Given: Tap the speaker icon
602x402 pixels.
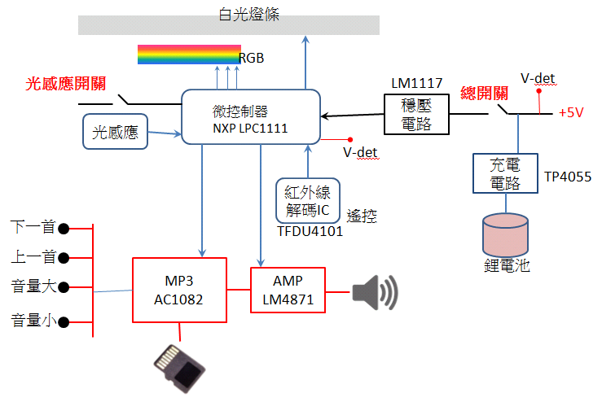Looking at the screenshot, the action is tap(375, 292).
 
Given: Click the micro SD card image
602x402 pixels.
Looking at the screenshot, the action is tap(180, 369).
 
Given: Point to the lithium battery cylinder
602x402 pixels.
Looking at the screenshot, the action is tap(505, 234).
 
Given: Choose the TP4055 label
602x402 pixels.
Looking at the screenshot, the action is tap(568, 177).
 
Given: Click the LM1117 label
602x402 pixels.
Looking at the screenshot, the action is tap(417, 83).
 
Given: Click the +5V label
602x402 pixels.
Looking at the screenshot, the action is tap(571, 113).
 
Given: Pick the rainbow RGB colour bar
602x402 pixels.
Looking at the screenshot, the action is tap(189, 55).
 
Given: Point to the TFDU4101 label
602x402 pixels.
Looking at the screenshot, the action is tap(310, 231).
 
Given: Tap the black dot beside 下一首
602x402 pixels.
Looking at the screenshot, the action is tap(64, 229).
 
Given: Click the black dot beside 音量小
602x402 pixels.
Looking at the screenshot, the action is tap(64, 322).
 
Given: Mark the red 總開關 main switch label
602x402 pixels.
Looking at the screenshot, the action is tap(484, 94).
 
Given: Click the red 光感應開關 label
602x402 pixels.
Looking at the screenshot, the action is tap(66, 84).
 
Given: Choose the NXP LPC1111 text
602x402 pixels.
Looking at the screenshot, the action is tap(250, 128).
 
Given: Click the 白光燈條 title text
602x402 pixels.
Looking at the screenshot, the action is tap(248, 15).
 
